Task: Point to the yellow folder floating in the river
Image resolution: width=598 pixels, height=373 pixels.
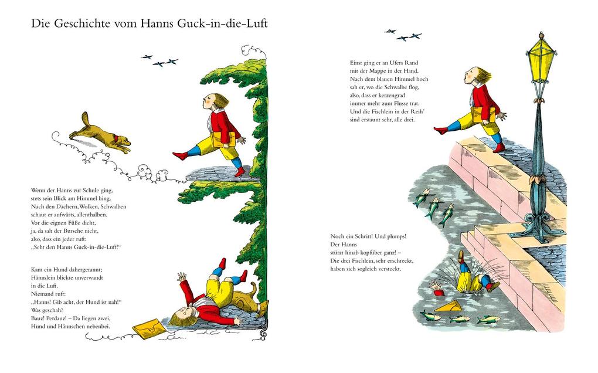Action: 450,307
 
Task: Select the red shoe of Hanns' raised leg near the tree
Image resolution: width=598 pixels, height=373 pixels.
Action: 180,156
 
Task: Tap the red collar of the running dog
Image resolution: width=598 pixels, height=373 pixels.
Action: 117,140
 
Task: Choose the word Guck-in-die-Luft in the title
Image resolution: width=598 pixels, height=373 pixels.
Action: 226,24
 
